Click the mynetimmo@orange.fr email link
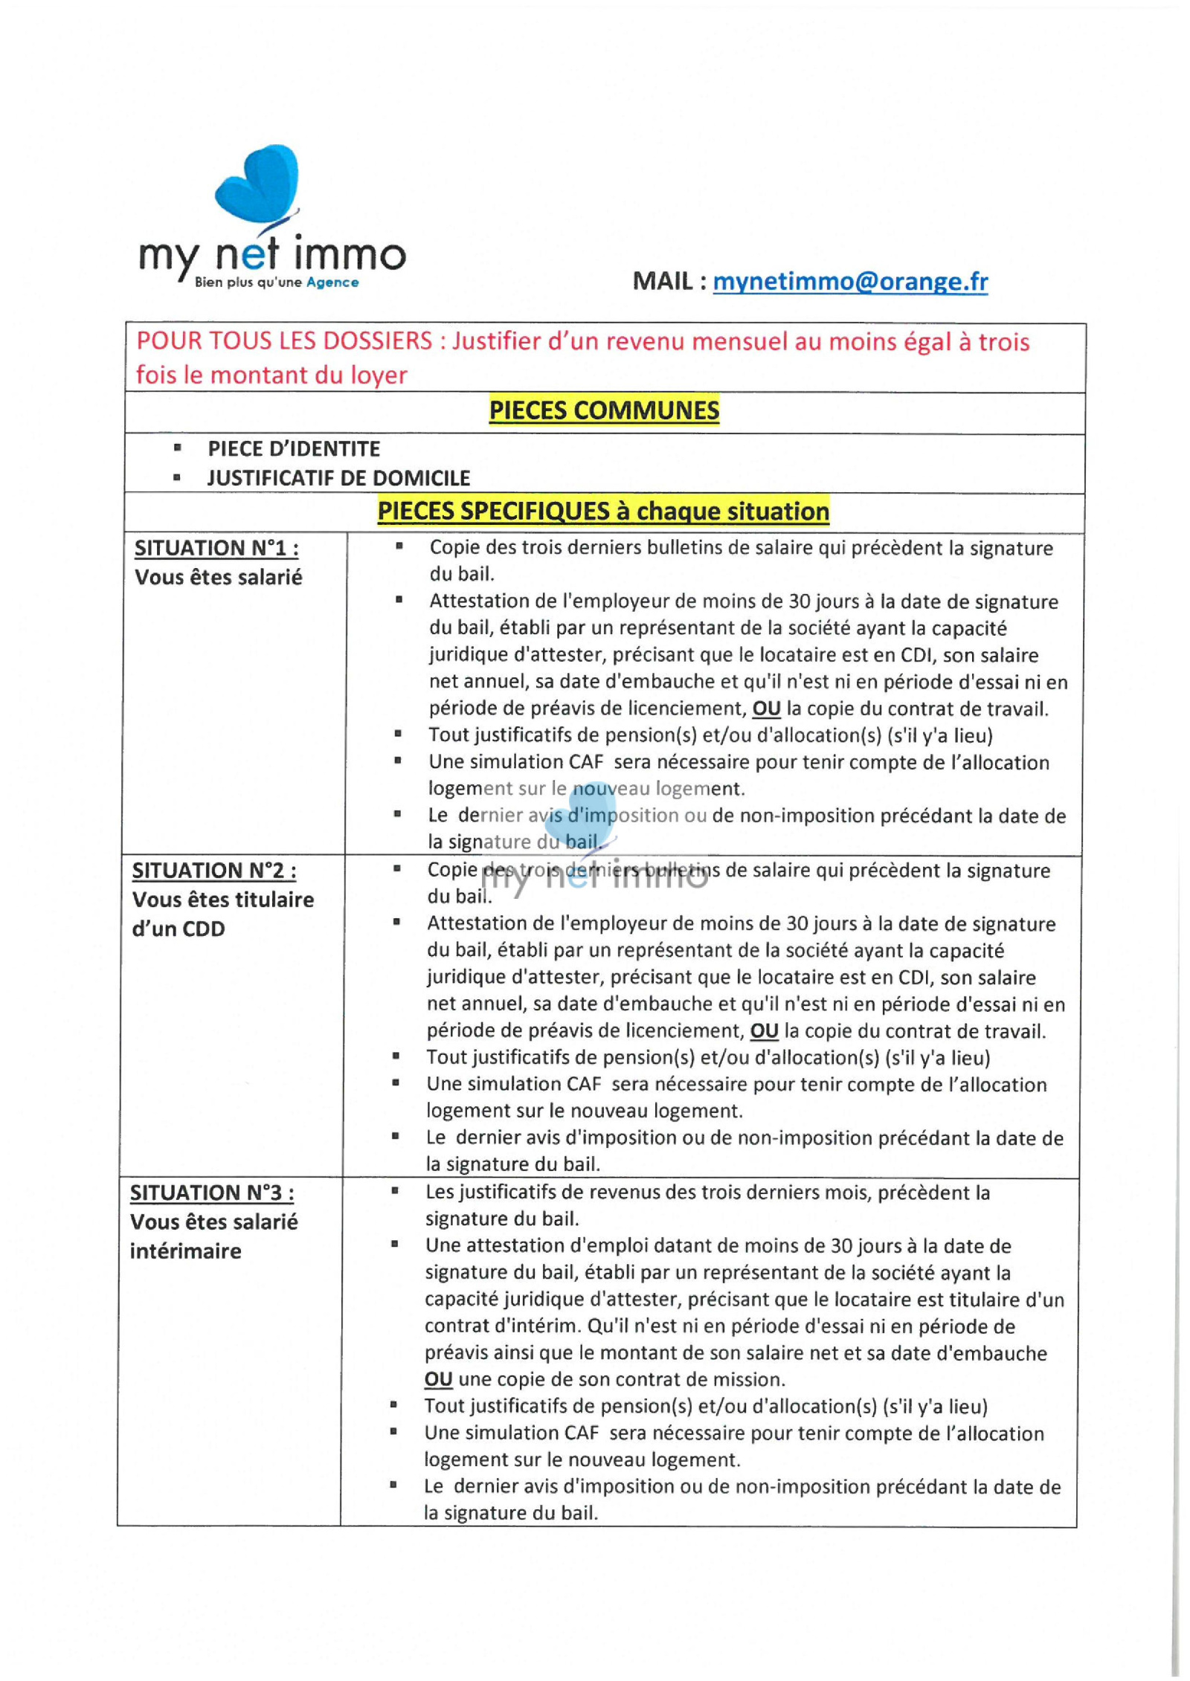pos(849,281)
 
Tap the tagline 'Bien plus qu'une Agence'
pos(276,283)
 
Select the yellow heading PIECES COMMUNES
pos(604,410)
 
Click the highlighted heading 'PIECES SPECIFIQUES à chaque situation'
pos(602,512)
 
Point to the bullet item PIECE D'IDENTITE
pos(294,449)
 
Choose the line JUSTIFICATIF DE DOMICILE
pos(338,478)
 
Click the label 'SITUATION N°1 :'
pos(216,549)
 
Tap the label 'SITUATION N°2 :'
pos(214,871)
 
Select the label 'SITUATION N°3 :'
pos(212,1193)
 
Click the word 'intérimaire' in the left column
pos(186,1251)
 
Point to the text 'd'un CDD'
pos(178,929)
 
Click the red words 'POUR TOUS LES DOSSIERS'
pos(284,341)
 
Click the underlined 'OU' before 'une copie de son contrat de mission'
pos(438,1380)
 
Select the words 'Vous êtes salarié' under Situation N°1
pos(219,578)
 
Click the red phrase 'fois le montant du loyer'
pos(271,375)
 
